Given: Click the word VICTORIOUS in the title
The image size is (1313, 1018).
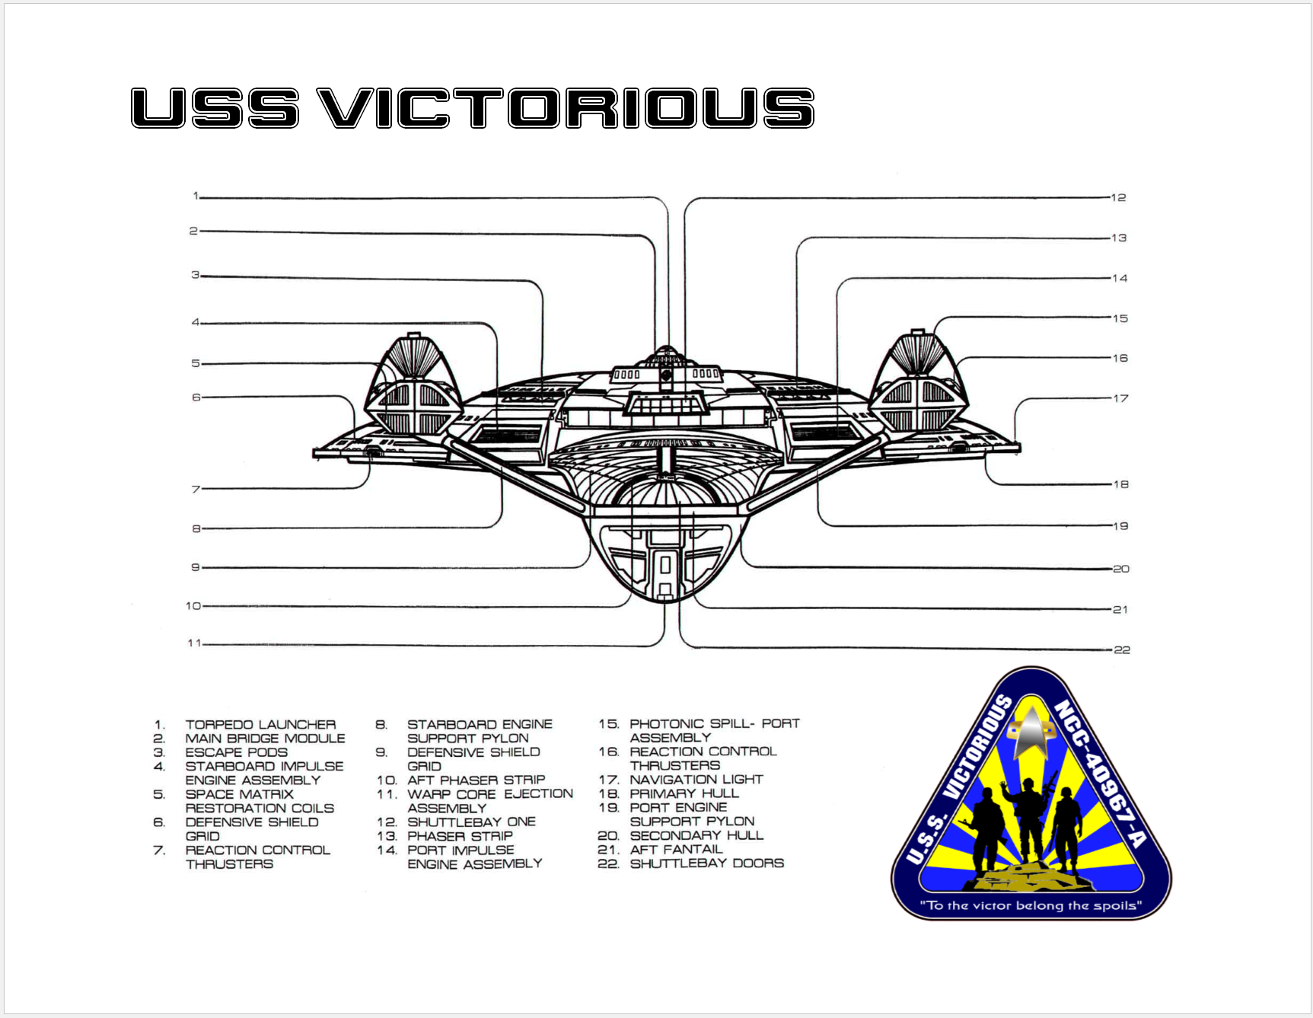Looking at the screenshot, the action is (566, 107).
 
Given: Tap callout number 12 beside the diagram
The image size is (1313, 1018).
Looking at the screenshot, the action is (1118, 198).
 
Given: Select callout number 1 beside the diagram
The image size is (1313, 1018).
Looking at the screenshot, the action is (196, 196).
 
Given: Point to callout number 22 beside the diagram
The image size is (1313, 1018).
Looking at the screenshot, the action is (1122, 650).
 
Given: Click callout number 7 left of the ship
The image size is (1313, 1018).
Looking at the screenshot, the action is (196, 489).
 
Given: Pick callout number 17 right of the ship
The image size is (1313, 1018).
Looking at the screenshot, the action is (1120, 398).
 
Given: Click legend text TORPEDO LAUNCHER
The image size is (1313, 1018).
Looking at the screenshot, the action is (260, 725).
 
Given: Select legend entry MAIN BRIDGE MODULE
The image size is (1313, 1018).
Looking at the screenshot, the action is (265, 739).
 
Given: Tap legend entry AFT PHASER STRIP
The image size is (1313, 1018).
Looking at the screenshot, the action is (476, 780).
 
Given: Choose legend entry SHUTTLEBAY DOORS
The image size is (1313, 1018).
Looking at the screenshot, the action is (707, 863).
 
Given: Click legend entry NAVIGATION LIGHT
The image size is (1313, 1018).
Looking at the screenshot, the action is (696, 780).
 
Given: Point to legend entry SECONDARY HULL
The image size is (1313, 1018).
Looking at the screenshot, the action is (696, 835).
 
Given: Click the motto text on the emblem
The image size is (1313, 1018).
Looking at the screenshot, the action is (1031, 905).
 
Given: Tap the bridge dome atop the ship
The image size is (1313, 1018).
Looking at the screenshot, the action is (666, 355).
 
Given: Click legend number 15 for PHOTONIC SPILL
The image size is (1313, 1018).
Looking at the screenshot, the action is (608, 724).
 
